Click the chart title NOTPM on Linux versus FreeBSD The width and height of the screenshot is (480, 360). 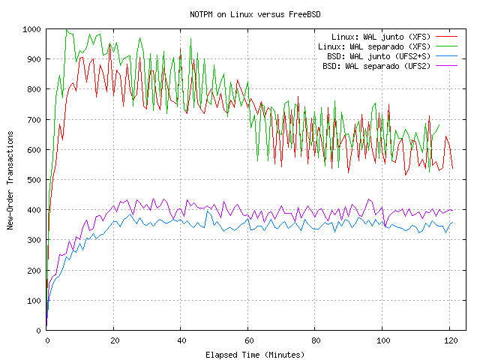tap(256, 14)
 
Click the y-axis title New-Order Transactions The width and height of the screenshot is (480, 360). tap(10, 179)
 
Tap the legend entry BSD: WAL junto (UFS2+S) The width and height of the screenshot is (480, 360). tap(379, 56)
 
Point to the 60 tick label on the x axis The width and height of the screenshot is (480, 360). tap(248, 340)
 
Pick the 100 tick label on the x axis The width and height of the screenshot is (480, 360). tap(382, 340)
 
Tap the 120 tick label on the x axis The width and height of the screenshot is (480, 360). tap(450, 340)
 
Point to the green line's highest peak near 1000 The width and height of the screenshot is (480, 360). tap(66, 30)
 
